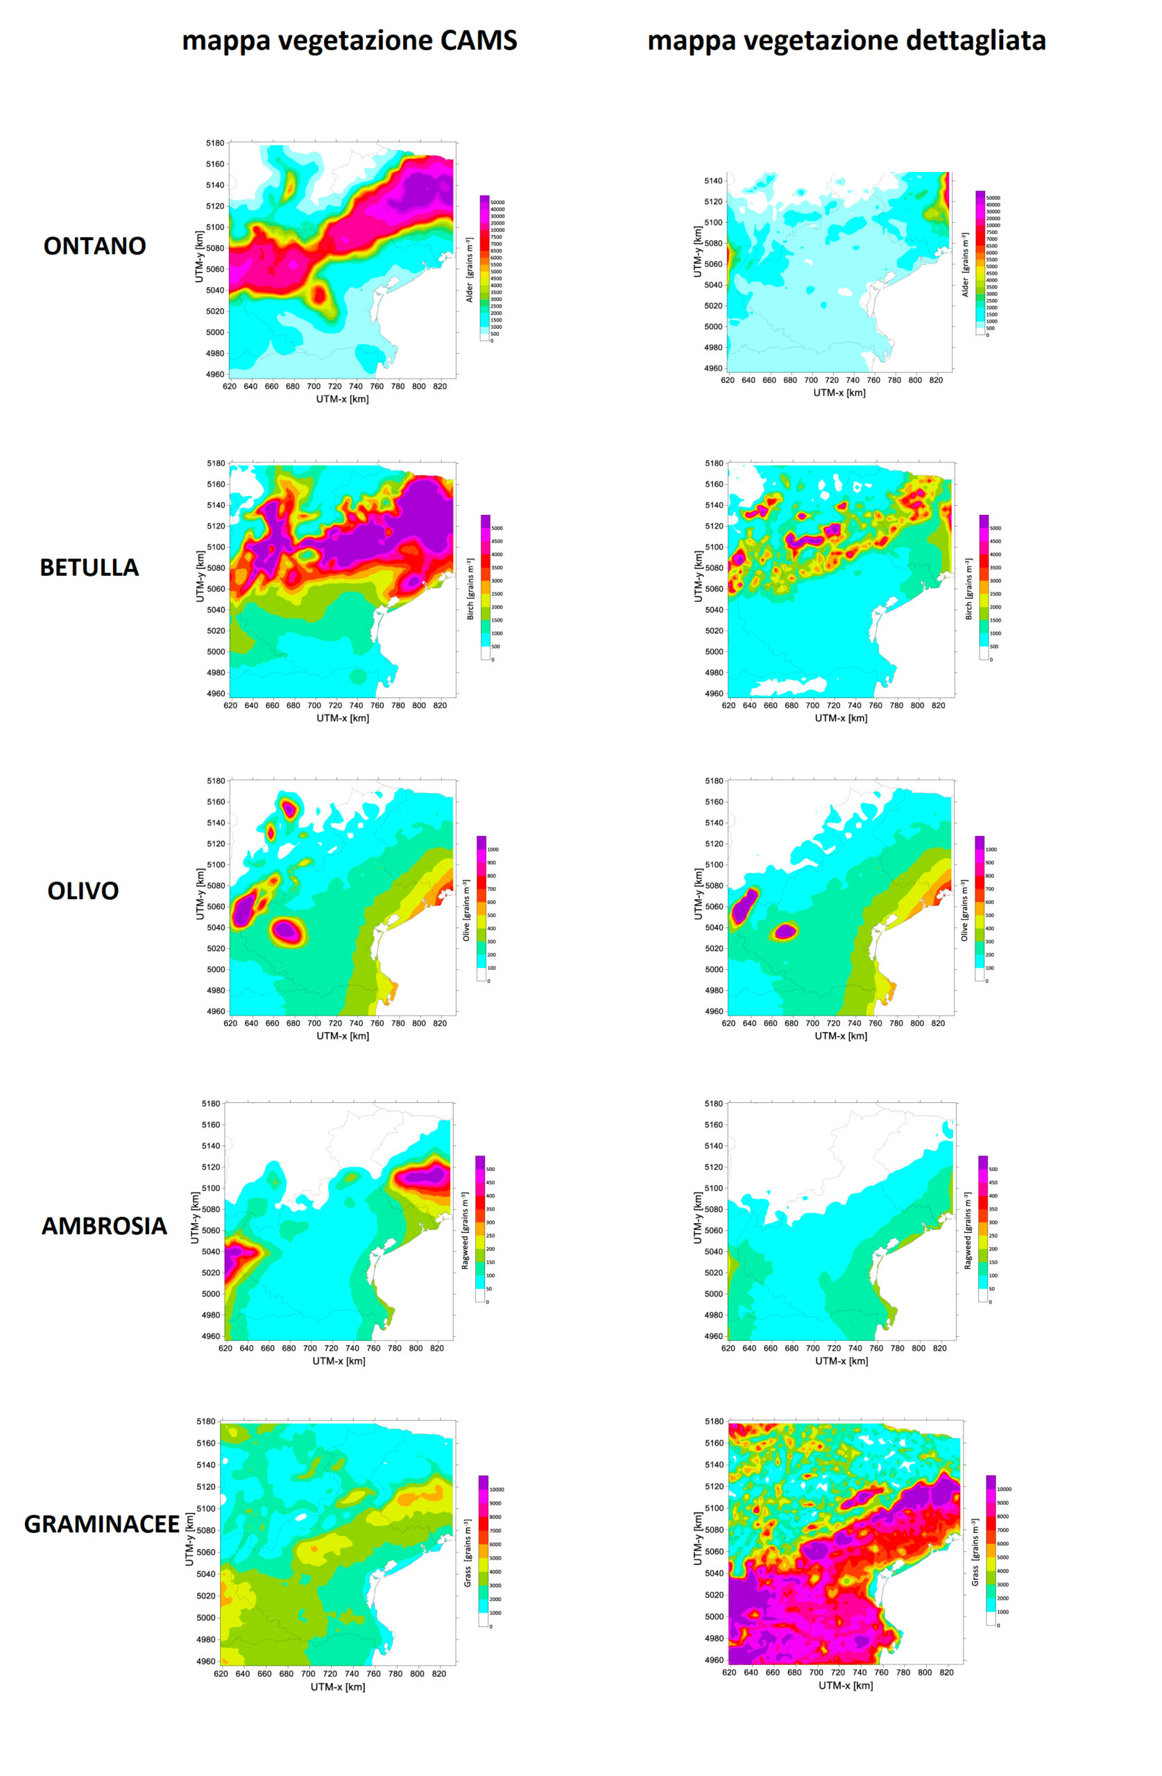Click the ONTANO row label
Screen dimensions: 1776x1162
(x=94, y=246)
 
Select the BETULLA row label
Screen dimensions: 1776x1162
(x=89, y=567)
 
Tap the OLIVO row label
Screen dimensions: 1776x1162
(x=83, y=890)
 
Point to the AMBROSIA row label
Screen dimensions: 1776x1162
(x=104, y=1225)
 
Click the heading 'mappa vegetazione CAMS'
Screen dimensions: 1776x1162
(x=349, y=40)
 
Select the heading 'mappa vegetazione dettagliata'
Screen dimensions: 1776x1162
(x=846, y=40)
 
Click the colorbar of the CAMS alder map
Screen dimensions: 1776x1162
(x=484, y=267)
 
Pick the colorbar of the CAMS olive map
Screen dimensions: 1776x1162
(x=481, y=907)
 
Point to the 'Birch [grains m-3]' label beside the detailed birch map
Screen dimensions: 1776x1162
(x=968, y=589)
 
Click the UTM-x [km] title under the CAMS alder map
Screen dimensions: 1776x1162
(x=342, y=399)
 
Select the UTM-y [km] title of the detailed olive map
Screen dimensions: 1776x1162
(x=697, y=894)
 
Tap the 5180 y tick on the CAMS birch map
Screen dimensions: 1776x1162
(x=216, y=463)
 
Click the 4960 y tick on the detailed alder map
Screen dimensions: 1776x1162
(x=713, y=368)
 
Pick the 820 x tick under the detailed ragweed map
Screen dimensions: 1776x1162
(x=939, y=1348)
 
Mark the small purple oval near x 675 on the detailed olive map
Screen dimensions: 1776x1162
(x=786, y=930)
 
